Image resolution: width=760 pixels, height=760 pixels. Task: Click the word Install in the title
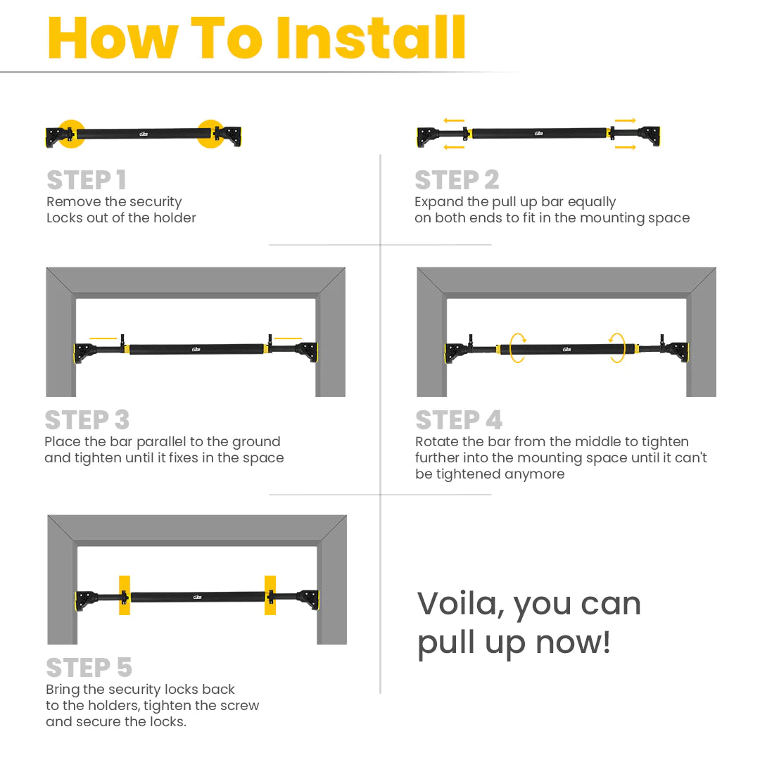point(371,37)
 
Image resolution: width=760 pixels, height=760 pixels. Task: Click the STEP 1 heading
point(87,180)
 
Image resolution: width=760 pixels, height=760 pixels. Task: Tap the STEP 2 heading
point(457,180)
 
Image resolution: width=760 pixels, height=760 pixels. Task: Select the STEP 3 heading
point(87,419)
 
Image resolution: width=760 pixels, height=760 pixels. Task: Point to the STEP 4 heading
point(459,419)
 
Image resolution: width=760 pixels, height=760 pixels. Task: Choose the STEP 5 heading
point(89,667)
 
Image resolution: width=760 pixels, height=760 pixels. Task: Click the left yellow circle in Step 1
point(71,134)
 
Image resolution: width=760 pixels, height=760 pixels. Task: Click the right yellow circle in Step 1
point(211,134)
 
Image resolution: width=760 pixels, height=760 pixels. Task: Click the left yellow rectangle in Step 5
point(125,595)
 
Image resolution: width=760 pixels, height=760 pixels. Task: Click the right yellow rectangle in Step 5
point(270,595)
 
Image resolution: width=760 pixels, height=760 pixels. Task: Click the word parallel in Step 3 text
point(161,442)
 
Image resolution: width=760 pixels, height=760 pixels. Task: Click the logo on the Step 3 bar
point(196,349)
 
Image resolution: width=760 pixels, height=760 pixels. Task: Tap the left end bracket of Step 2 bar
point(428,137)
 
